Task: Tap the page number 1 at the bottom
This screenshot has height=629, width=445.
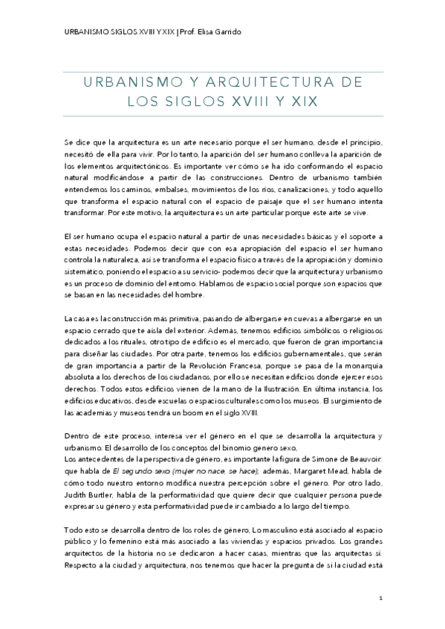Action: [x=380, y=597]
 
